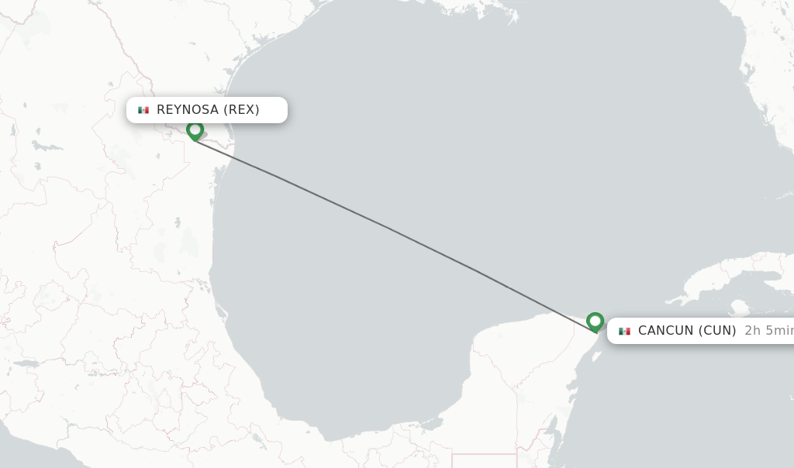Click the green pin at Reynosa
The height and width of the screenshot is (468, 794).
(x=195, y=130)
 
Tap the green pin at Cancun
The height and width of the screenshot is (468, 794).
(x=595, y=321)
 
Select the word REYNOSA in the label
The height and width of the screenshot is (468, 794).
(x=188, y=109)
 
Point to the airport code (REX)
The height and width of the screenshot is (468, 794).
(x=241, y=109)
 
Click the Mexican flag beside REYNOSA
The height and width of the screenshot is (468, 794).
(x=143, y=110)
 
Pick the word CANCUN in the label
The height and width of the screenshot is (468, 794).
(x=665, y=331)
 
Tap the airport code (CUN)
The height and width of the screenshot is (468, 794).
(x=717, y=331)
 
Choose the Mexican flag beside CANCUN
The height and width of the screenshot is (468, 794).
(x=624, y=332)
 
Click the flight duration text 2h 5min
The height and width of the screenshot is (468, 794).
(x=768, y=331)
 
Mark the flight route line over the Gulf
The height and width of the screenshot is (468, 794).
(x=388, y=228)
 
